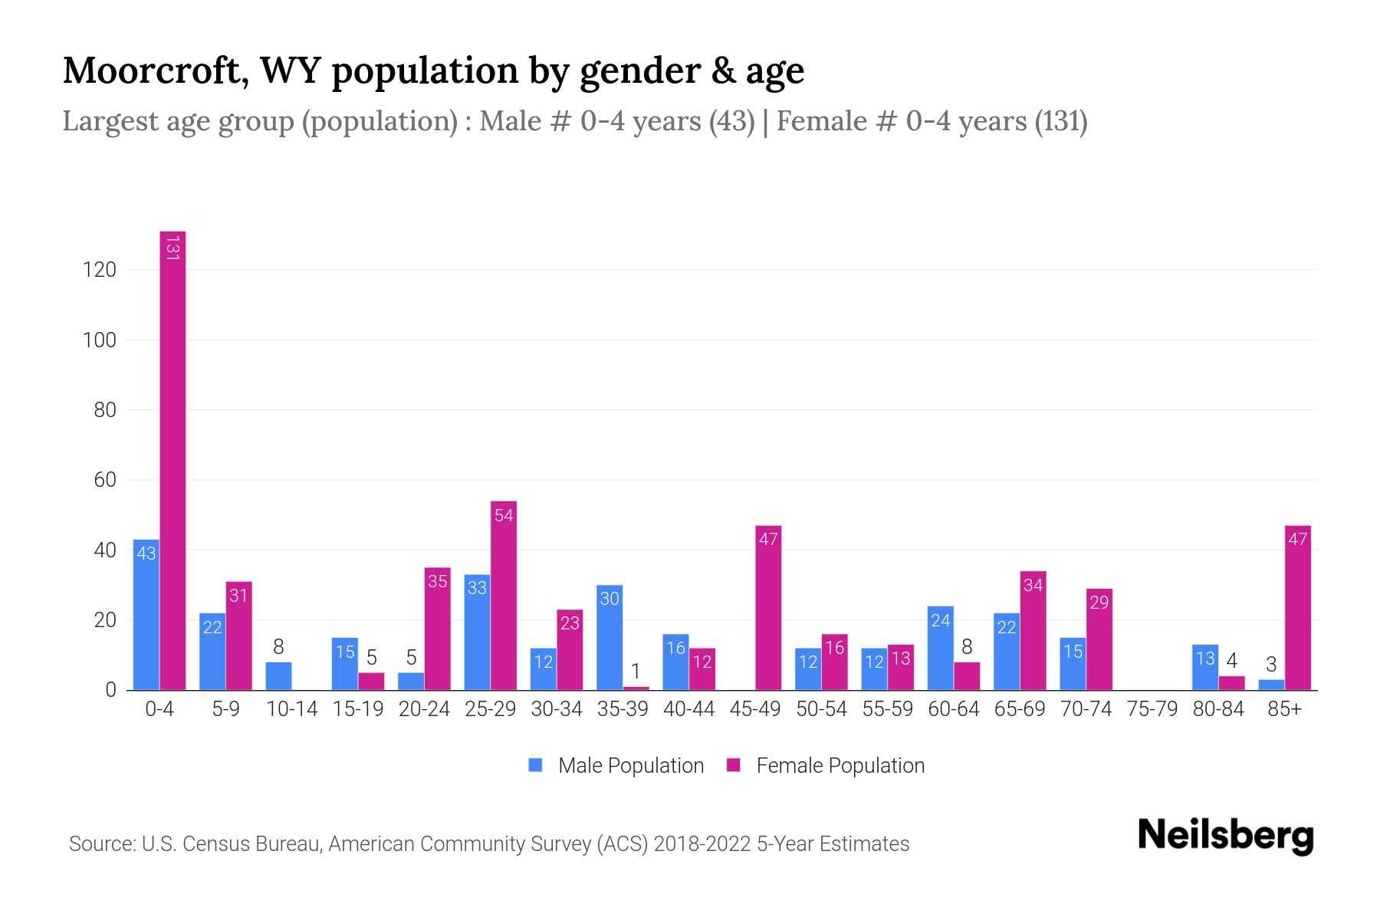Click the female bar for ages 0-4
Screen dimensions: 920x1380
[172, 460]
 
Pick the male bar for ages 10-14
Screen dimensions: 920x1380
[279, 676]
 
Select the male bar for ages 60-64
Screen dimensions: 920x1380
[940, 649]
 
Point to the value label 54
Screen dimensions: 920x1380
[504, 516]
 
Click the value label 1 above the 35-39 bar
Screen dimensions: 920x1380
[636, 672]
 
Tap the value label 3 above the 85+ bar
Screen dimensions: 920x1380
[1271, 665]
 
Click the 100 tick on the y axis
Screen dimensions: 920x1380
[100, 340]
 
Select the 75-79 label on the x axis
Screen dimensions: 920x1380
[1152, 709]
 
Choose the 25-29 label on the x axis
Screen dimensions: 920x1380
[490, 709]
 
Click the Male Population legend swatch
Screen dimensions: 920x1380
[536, 765]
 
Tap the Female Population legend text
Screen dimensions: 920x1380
[840, 766]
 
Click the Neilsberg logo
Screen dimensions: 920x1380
[1225, 836]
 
